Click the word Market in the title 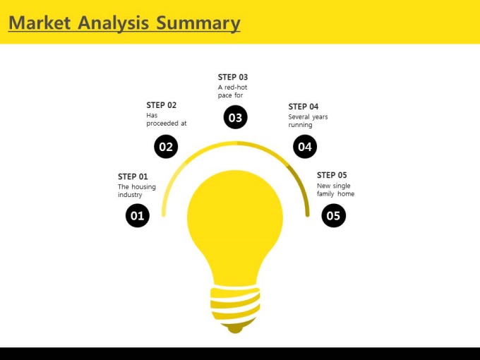coord(40,23)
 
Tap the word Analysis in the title coord(113,23)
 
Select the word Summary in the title coord(198,23)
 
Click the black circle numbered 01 coord(138,215)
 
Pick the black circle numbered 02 coord(166,147)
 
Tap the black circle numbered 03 coord(235,117)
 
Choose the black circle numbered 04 coord(305,147)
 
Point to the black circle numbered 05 coord(334,215)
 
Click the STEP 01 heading coord(133,176)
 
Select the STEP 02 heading coord(162,105)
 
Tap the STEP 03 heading coord(233,77)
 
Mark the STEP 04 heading coord(304,107)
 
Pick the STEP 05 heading coord(332,175)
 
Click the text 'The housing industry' coord(137,191)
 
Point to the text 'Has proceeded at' coord(167,119)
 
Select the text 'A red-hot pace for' coord(233,91)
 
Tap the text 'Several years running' coord(308,121)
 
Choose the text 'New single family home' coord(335,190)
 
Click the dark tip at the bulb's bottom coord(235,328)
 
